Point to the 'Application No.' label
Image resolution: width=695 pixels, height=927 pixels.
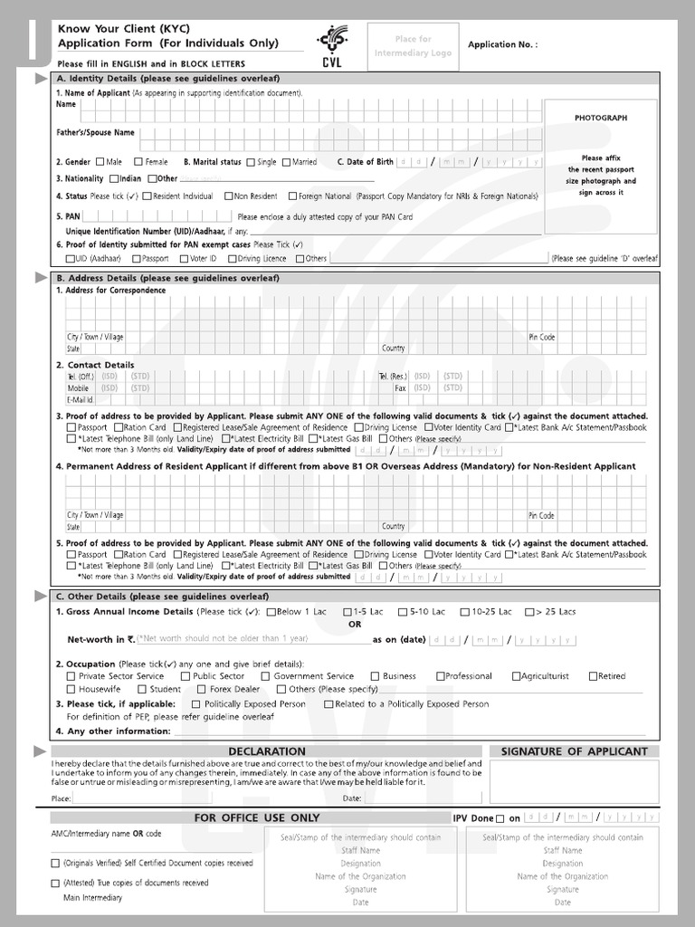coord(502,44)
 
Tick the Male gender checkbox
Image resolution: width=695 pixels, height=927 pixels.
coord(100,162)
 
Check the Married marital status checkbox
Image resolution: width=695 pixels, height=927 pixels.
coord(286,162)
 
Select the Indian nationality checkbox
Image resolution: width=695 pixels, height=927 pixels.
coord(114,179)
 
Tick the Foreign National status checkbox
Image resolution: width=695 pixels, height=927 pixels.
coord(292,196)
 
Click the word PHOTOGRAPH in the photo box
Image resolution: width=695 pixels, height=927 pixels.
coord(600,119)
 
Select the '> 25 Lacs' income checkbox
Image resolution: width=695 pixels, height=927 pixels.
coord(529,612)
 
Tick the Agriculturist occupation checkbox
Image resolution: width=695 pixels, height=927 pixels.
coord(516,676)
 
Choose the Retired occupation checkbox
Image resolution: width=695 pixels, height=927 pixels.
coord(593,676)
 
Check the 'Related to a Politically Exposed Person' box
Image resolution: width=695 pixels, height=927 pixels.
coord(327,704)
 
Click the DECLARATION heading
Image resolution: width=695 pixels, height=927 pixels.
coord(267,751)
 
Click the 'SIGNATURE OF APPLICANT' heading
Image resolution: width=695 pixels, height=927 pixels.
coord(574,751)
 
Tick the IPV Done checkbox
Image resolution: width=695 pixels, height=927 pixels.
coord(500,819)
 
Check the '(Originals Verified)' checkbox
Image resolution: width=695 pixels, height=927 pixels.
coord(56,864)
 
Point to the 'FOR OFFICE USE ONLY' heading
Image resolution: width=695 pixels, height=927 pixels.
coord(257,818)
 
